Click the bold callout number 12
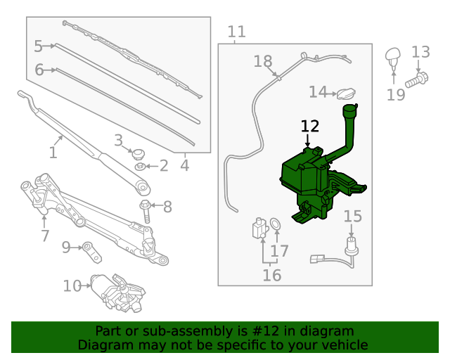(310, 127)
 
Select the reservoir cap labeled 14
(346, 94)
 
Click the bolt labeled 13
(417, 80)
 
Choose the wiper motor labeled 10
(117, 292)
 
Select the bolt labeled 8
(146, 211)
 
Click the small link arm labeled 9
(92, 252)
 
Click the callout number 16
(272, 275)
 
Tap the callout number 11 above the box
(237, 32)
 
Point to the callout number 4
(184, 165)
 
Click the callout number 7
(45, 236)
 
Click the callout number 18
(263, 61)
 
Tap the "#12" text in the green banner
(265, 331)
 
